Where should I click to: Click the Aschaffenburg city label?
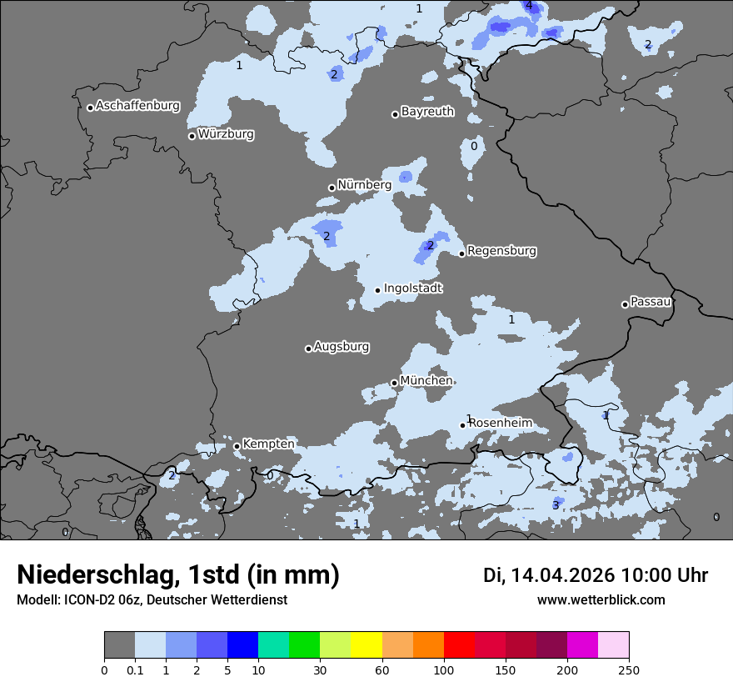tap(137, 106)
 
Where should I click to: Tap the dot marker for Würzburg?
tap(192, 136)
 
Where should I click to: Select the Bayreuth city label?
tap(427, 112)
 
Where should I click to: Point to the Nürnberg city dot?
tap(332, 188)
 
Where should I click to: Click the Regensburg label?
tap(501, 251)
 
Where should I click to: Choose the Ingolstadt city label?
tap(413, 288)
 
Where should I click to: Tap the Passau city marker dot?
tap(625, 304)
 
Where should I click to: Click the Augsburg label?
tap(342, 347)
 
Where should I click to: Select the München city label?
tap(426, 381)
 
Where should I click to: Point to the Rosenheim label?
tap(500, 424)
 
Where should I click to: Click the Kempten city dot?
tap(237, 446)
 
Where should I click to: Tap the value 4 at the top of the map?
tap(528, 6)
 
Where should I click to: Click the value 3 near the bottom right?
tap(556, 505)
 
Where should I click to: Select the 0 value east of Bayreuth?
tap(474, 146)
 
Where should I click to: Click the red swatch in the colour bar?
tap(459, 645)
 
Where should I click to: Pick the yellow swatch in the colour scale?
tap(366, 645)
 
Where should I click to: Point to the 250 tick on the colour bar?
tap(629, 669)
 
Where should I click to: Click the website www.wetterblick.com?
tap(601, 600)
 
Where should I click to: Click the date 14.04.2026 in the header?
tap(562, 575)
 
